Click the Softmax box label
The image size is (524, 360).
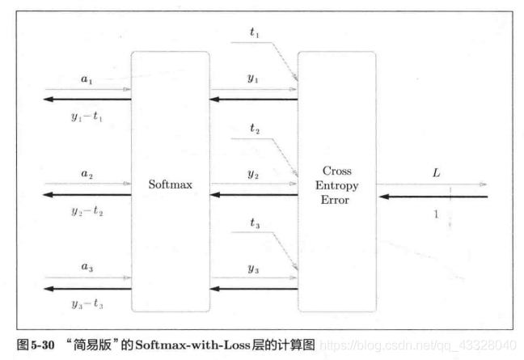(x=170, y=184)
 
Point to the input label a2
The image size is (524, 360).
(x=87, y=174)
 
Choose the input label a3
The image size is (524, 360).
(x=87, y=267)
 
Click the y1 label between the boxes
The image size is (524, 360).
(x=252, y=78)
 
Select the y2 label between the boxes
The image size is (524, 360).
(x=252, y=174)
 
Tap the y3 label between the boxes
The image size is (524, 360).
(x=252, y=267)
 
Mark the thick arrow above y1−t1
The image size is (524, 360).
(x=87, y=100)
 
